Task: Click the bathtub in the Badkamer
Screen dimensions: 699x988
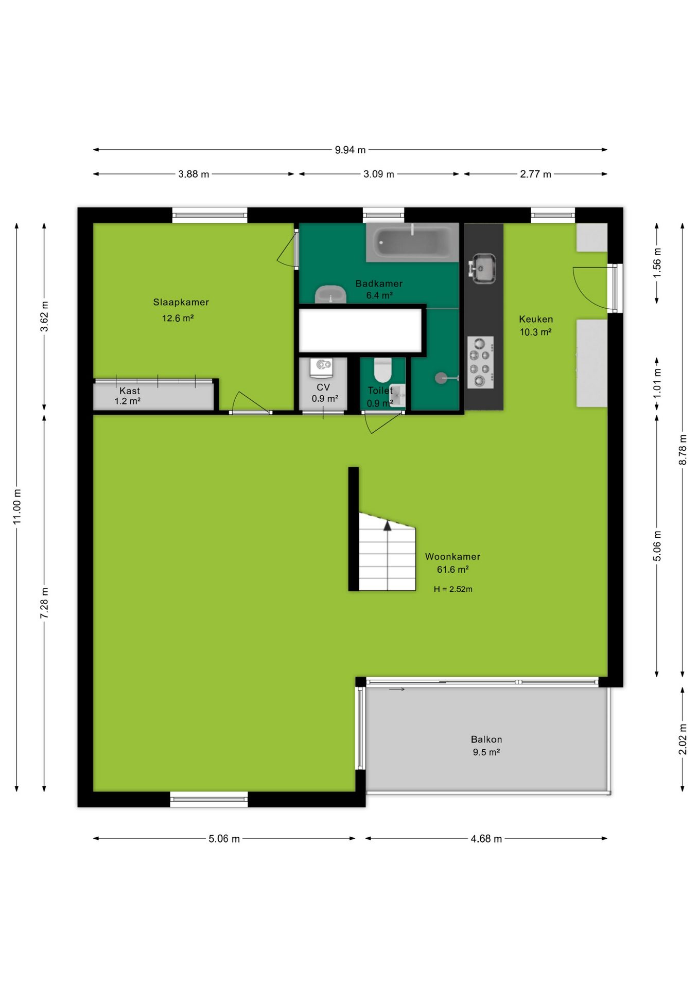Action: tap(412, 242)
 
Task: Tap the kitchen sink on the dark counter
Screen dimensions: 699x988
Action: tap(482, 268)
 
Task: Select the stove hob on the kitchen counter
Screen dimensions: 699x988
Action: tap(480, 362)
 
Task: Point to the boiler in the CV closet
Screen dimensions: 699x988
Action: tap(322, 367)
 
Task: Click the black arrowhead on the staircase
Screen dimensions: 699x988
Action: tap(388, 525)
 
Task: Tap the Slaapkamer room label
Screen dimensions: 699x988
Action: tap(181, 302)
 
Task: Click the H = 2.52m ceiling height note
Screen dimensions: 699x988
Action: tap(453, 589)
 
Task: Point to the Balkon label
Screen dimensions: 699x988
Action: tap(486, 739)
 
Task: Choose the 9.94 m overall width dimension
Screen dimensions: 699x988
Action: tap(350, 150)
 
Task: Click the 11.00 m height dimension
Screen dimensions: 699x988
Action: tap(17, 507)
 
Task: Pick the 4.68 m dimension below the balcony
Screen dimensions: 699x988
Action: tap(486, 838)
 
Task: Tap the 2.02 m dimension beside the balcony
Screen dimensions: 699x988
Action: tap(683, 739)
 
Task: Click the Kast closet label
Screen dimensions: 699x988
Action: tap(130, 391)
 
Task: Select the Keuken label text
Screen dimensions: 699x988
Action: tap(536, 319)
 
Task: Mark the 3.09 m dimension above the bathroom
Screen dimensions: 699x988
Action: tap(379, 174)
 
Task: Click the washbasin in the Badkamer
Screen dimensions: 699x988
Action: tap(330, 294)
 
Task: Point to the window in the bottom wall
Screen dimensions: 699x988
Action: tap(209, 799)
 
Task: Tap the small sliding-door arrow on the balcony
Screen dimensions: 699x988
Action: tap(397, 690)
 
